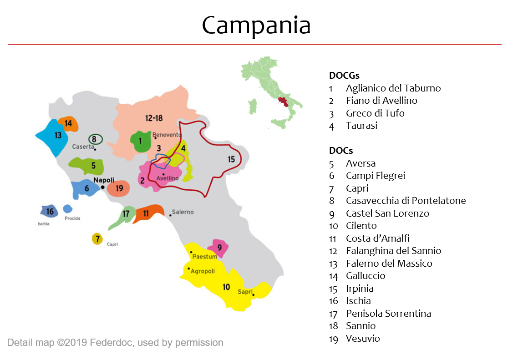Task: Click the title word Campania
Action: tap(256, 25)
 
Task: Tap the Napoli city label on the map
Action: tap(103, 180)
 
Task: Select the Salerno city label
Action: tap(183, 212)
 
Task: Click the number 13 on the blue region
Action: tap(58, 135)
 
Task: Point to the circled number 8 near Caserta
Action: tap(94, 139)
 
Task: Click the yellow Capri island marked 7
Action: tap(97, 238)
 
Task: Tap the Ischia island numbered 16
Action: tap(50, 211)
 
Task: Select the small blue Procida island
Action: tap(67, 209)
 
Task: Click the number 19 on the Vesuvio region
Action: tap(119, 188)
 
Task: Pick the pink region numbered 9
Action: tap(219, 248)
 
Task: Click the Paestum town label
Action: tap(205, 257)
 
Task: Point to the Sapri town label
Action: tap(245, 292)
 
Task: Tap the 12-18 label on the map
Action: tap(154, 118)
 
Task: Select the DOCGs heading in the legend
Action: tap(344, 76)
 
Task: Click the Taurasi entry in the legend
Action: tap(361, 126)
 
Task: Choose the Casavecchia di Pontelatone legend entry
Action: tap(406, 201)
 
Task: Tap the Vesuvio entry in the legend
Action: tap(362, 338)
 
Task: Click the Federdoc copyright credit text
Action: tap(115, 342)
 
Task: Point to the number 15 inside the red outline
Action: tap(231, 159)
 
